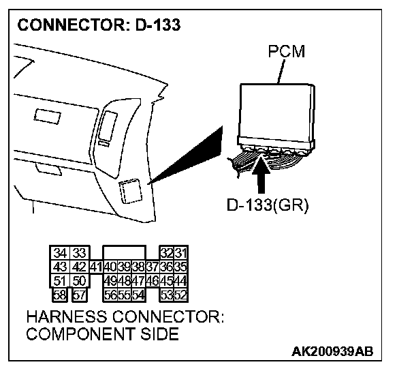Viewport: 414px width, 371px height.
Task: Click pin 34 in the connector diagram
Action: [60, 253]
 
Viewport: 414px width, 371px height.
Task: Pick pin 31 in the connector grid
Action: [181, 253]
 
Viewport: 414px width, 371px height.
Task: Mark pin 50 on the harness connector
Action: [79, 280]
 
